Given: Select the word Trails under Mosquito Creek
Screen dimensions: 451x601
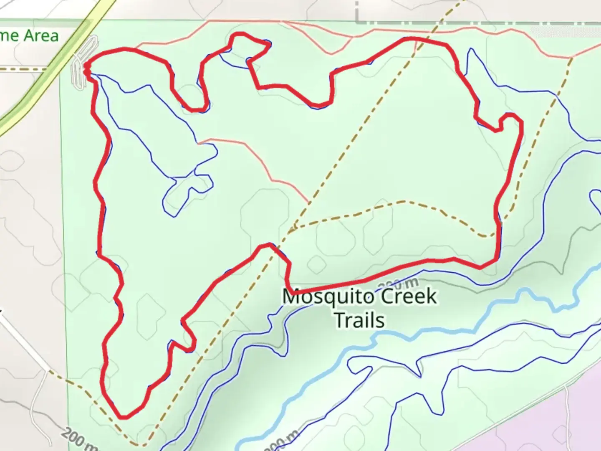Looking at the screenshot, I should (x=359, y=321).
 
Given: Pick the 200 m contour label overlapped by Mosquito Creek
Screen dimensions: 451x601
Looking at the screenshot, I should (x=399, y=285).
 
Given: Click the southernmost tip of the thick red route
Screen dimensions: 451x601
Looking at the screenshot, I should (x=122, y=417).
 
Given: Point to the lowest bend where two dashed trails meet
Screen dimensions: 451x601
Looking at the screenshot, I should (x=140, y=445).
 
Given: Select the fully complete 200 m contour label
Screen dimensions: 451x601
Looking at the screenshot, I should (x=77, y=441).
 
